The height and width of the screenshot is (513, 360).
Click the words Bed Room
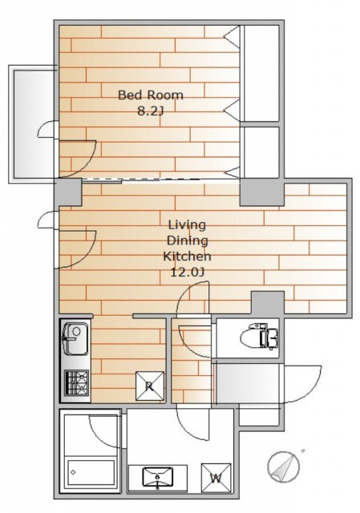[x=150, y=95]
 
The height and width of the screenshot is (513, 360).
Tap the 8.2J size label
[x=150, y=111]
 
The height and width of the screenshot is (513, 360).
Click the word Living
[x=187, y=225]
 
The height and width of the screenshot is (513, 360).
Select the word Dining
[x=187, y=240]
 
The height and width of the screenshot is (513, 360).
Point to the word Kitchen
[x=187, y=256]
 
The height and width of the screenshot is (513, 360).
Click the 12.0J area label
[x=187, y=272]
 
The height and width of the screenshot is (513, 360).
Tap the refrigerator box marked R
[x=150, y=386]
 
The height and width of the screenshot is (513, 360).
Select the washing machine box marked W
[x=216, y=478]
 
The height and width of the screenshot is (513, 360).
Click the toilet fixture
[x=259, y=337]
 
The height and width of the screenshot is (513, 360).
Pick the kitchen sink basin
[x=75, y=338]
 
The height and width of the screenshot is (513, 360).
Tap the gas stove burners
[x=77, y=382]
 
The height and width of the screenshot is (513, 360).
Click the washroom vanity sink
[x=158, y=476]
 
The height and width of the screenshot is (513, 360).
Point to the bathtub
[x=91, y=472]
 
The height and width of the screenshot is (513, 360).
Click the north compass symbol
[x=283, y=467]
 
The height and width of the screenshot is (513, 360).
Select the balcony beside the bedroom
[x=32, y=123]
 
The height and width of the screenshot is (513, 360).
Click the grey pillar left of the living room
[x=68, y=192]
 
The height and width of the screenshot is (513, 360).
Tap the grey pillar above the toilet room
[x=267, y=304]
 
